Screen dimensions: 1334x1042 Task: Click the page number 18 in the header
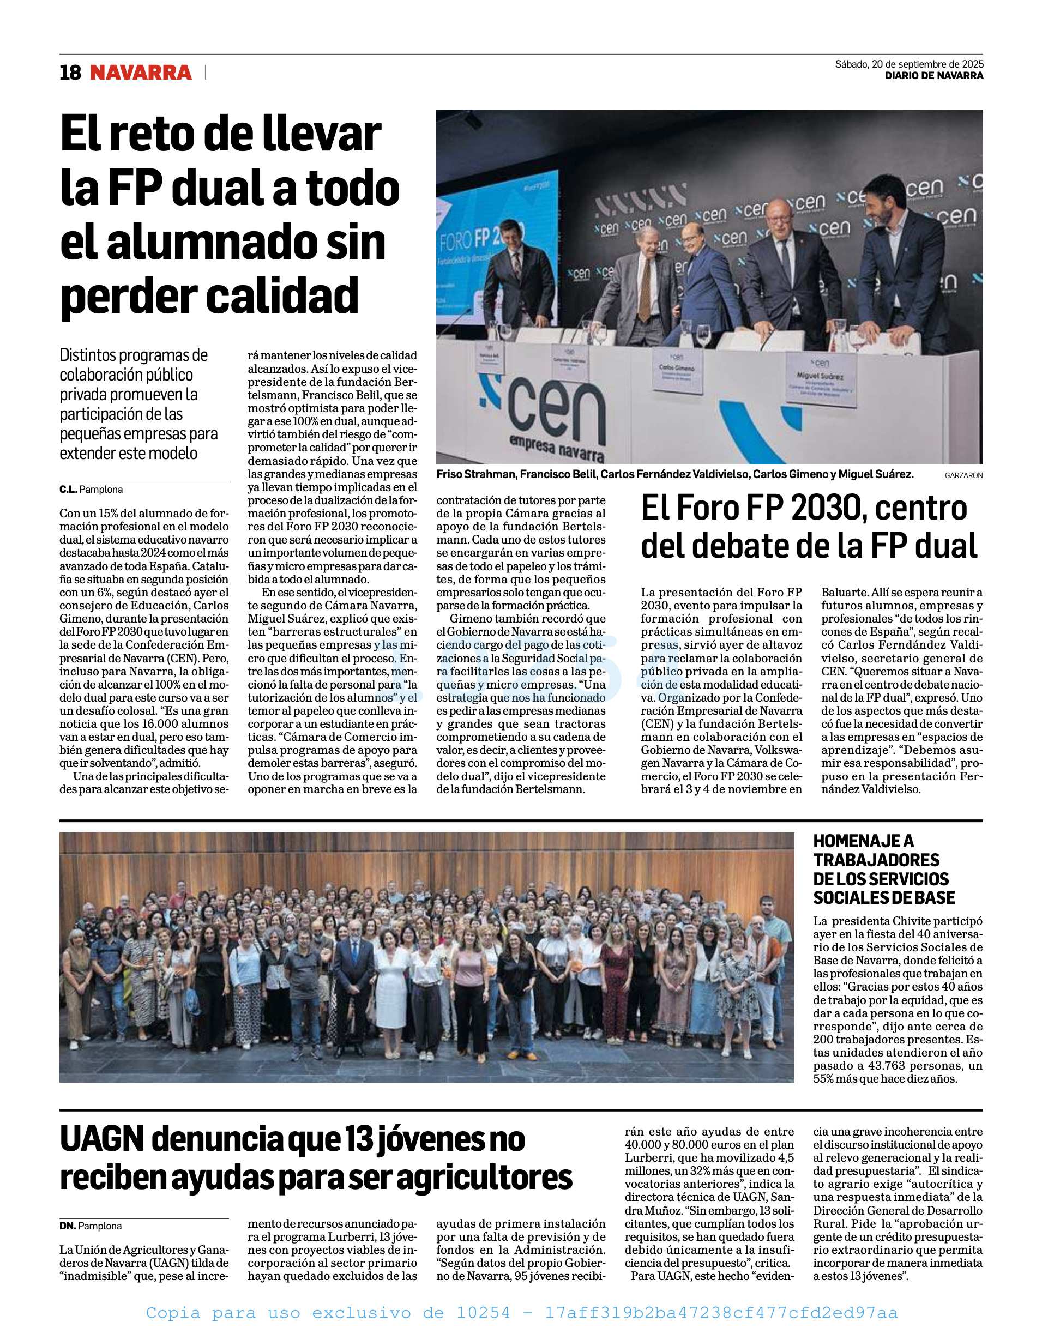click(x=70, y=73)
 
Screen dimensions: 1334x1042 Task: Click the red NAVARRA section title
click(x=141, y=73)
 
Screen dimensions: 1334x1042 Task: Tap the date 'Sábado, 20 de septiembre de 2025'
click(x=909, y=64)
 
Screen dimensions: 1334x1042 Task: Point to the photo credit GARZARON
click(x=963, y=475)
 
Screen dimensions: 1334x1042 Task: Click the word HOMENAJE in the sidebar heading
click(x=863, y=841)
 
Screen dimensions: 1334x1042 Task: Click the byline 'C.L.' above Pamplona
click(x=68, y=489)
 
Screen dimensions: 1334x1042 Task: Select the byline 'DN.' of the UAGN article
click(x=67, y=1226)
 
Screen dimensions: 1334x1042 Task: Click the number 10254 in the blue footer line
click(x=483, y=1313)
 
